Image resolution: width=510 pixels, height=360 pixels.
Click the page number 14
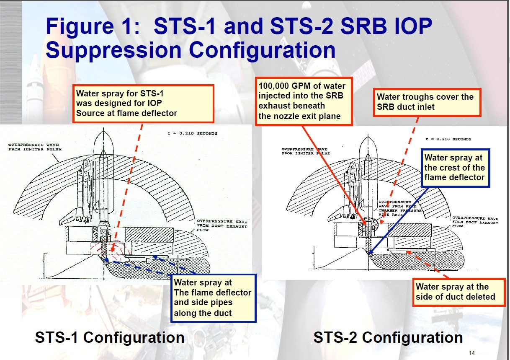click(472, 353)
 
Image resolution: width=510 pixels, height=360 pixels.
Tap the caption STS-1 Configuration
click(110, 337)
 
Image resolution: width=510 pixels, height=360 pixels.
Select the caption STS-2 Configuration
click(388, 337)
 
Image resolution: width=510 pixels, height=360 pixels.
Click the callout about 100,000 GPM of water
click(304, 101)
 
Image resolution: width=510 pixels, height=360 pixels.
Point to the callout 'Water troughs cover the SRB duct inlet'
click(427, 102)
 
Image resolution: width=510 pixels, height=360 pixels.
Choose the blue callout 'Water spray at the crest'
click(455, 168)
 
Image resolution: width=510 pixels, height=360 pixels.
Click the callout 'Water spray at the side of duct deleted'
click(459, 292)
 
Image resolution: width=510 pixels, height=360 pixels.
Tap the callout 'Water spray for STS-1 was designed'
click(143, 104)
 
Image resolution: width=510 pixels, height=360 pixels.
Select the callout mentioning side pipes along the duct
click(213, 298)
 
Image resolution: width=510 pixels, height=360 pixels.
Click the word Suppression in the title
click(113, 50)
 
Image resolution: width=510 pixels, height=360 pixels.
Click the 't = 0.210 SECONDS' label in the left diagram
click(192, 133)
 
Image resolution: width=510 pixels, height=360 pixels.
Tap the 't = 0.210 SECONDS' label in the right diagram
click(448, 139)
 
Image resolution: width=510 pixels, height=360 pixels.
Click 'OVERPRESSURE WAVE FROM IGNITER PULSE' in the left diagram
click(35, 147)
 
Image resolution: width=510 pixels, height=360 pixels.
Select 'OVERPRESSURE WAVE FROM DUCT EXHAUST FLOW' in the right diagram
click(475, 222)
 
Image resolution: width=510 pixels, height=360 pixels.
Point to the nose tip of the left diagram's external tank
click(103, 128)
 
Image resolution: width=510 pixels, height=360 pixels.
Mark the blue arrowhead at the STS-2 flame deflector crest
click(370, 253)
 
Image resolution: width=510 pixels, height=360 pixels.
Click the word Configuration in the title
click(262, 50)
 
